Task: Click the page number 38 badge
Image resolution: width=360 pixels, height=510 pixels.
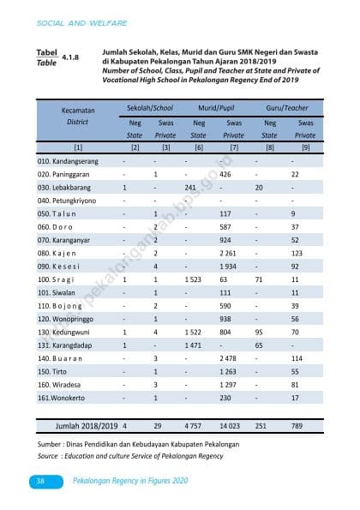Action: click(40, 483)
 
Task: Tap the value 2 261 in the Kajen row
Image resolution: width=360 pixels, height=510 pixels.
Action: click(227, 253)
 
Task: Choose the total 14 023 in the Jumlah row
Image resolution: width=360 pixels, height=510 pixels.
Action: click(231, 425)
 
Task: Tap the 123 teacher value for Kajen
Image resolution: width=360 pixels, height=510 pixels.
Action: click(297, 253)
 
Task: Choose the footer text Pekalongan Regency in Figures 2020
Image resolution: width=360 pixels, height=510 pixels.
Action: click(129, 483)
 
